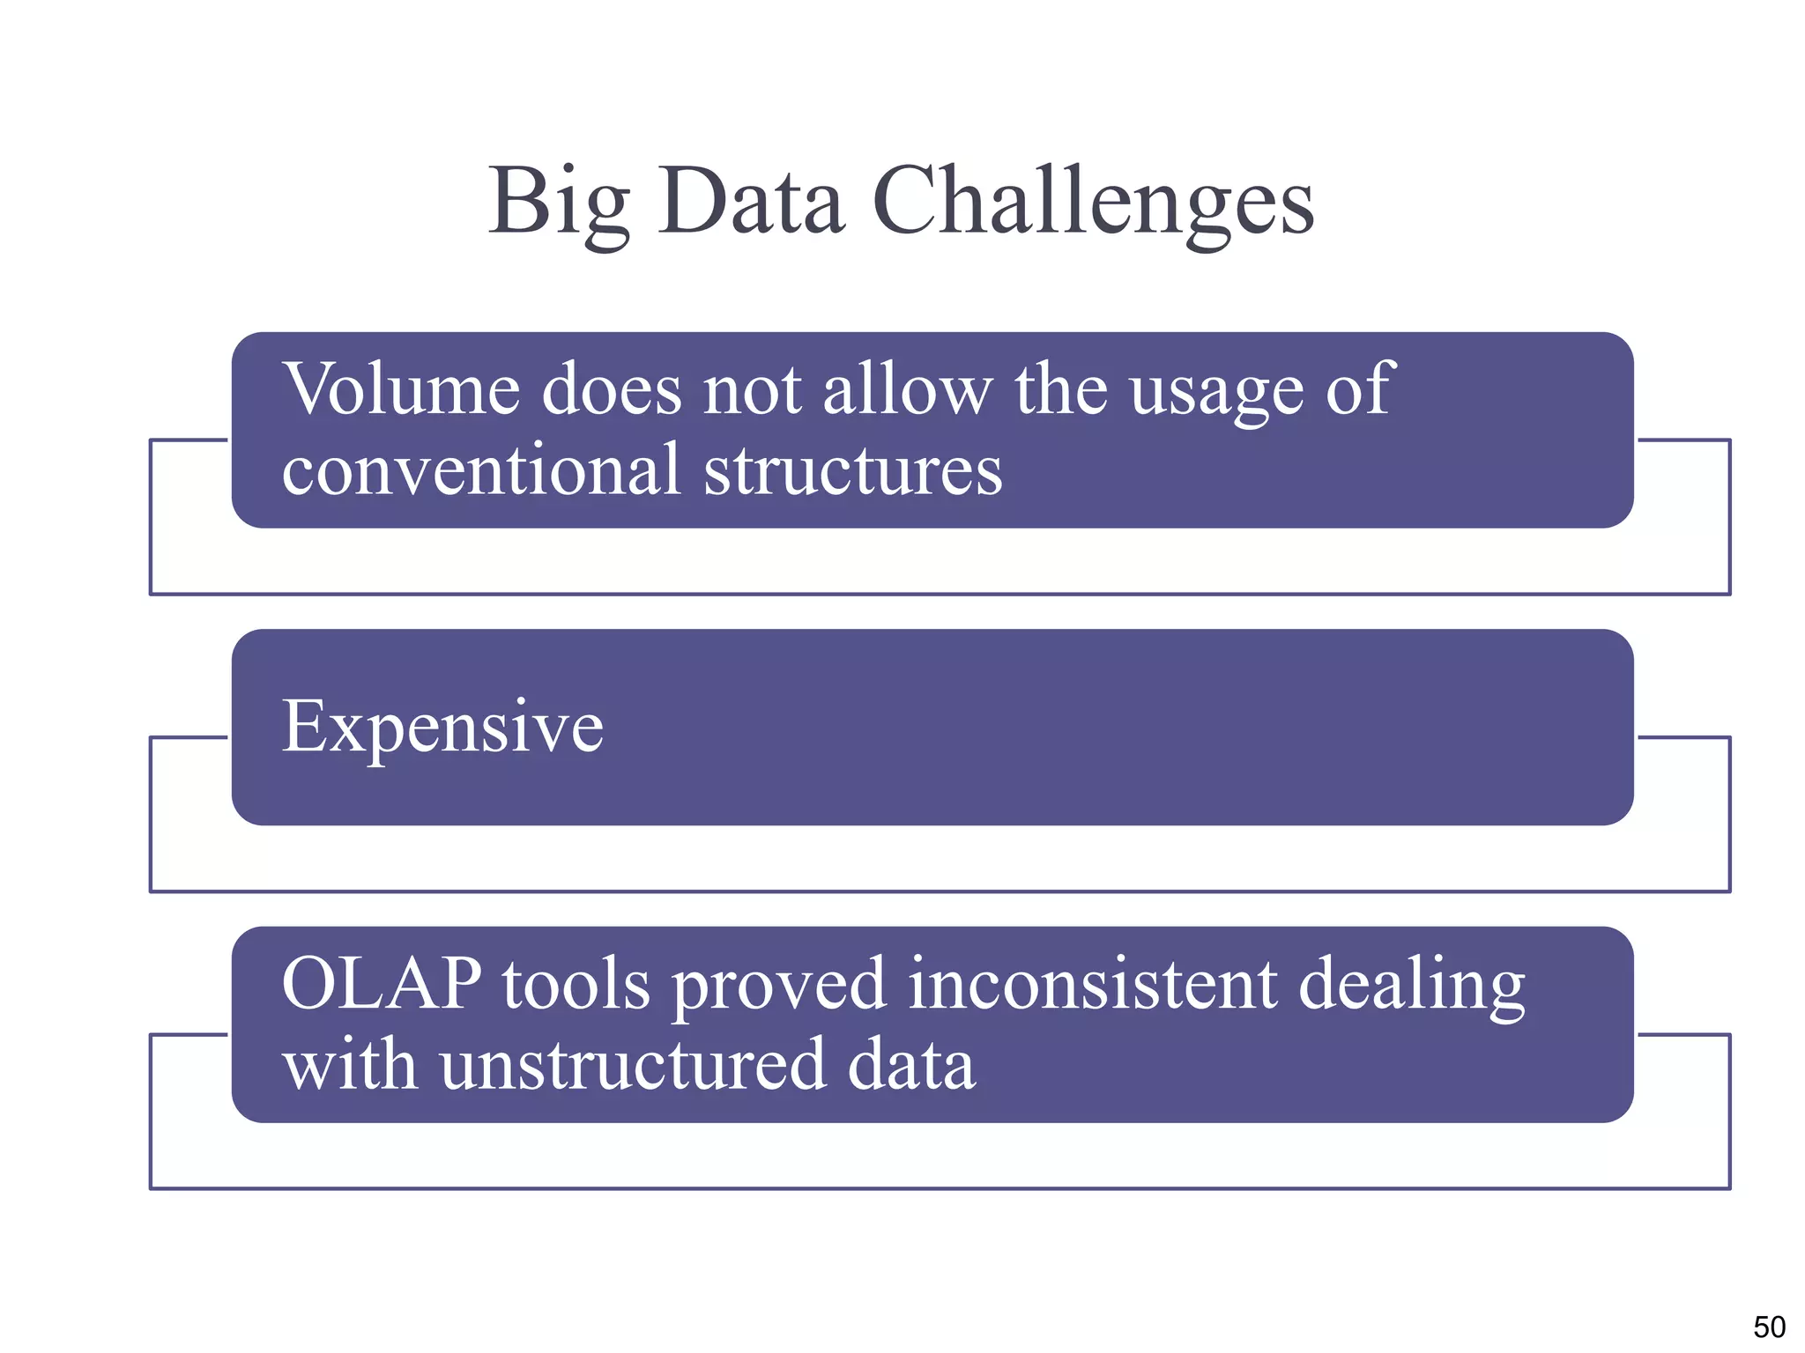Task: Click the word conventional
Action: (x=481, y=470)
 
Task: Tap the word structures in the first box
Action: (x=852, y=470)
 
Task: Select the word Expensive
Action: (x=442, y=728)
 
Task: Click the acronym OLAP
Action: (x=382, y=983)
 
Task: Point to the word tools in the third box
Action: (x=576, y=983)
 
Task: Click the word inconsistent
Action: (x=1092, y=983)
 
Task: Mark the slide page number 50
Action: (x=1769, y=1327)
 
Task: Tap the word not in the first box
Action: (x=752, y=390)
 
